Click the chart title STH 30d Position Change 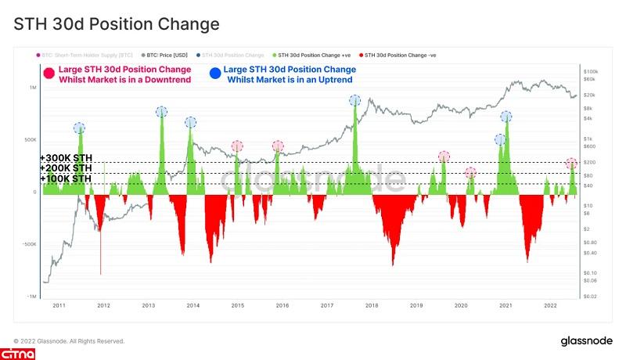[x=117, y=24]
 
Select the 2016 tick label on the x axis [x=282, y=305]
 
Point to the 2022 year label [x=550, y=305]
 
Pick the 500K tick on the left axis [x=30, y=140]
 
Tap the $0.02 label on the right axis [x=591, y=297]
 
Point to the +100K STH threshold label [x=66, y=179]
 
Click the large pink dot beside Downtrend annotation [x=49, y=74]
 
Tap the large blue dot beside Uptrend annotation [x=214, y=74]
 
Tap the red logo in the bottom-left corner [x=18, y=355]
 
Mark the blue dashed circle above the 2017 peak [x=355, y=100]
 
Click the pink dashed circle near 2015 [x=237, y=146]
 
